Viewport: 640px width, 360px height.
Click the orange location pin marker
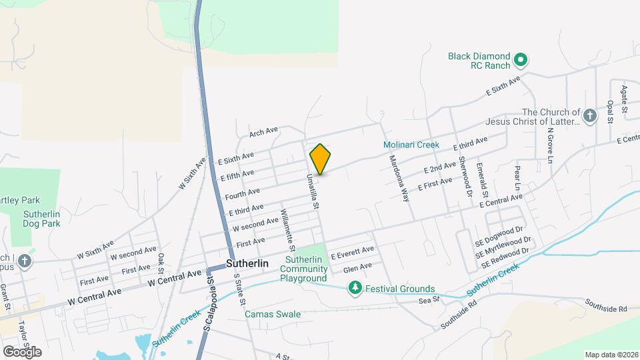pyautogui.click(x=320, y=159)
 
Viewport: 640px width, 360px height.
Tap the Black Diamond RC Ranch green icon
pyautogui.click(x=522, y=61)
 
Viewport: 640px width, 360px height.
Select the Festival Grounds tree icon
pyautogui.click(x=356, y=288)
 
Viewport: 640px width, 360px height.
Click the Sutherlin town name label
pyautogui.click(x=247, y=263)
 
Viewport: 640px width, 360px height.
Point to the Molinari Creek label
pyautogui.click(x=411, y=145)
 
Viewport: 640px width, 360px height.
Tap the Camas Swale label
pyautogui.click(x=273, y=313)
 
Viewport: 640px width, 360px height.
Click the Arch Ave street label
pyautogui.click(x=263, y=132)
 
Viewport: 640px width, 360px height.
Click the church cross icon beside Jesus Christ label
pyautogui.click(x=589, y=117)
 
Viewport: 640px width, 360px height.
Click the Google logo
pyautogui.click(x=21, y=351)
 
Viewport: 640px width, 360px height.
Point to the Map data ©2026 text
pyautogui.click(x=611, y=355)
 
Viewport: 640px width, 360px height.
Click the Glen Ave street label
pyautogui.click(x=357, y=267)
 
